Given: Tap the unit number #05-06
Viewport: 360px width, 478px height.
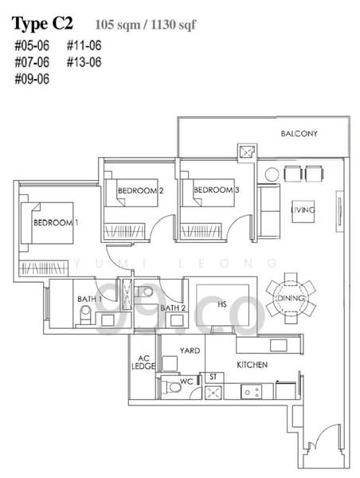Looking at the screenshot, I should tap(30, 45).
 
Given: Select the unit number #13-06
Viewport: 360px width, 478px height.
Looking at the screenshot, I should tap(84, 61).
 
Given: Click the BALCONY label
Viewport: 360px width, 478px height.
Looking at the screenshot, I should tap(299, 134).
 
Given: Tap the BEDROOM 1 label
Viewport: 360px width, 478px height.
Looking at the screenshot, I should tap(56, 222).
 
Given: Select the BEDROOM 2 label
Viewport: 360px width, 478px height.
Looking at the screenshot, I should tap(140, 190).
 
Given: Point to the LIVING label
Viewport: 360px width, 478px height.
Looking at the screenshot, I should tap(303, 210).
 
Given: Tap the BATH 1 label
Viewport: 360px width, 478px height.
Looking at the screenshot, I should tap(88, 300).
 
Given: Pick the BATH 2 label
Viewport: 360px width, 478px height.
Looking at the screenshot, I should tap(172, 308).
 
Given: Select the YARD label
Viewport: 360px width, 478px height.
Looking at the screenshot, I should tap(190, 350).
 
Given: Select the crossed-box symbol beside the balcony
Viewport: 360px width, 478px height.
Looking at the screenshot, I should tap(245, 151).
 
